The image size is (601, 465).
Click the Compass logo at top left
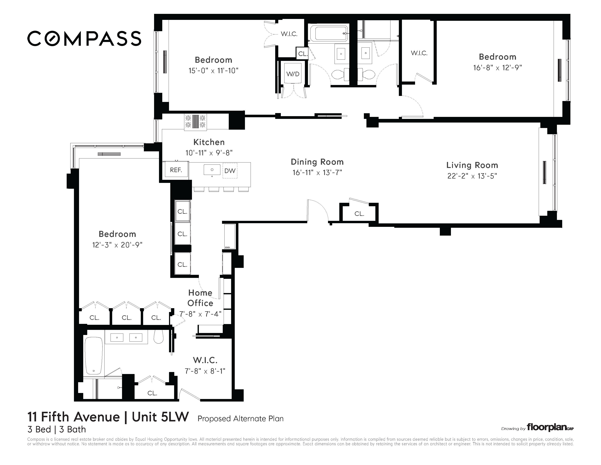pos(84,38)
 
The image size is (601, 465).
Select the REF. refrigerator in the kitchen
pos(176,170)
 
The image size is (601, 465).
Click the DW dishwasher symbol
pos(230,171)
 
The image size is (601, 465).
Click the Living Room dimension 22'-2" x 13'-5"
pos(472,176)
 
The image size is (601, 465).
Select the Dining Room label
pos(317,162)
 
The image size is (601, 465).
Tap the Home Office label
pos(200,298)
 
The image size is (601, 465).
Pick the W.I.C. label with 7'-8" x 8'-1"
pos(205,360)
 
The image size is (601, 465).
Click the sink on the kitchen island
pos(212,170)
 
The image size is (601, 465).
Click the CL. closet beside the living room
pos(359,214)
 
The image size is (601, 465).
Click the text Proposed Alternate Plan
pos(240,419)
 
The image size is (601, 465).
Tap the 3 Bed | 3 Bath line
pos(56,429)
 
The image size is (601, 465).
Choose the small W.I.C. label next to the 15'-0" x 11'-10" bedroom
pos(289,34)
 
